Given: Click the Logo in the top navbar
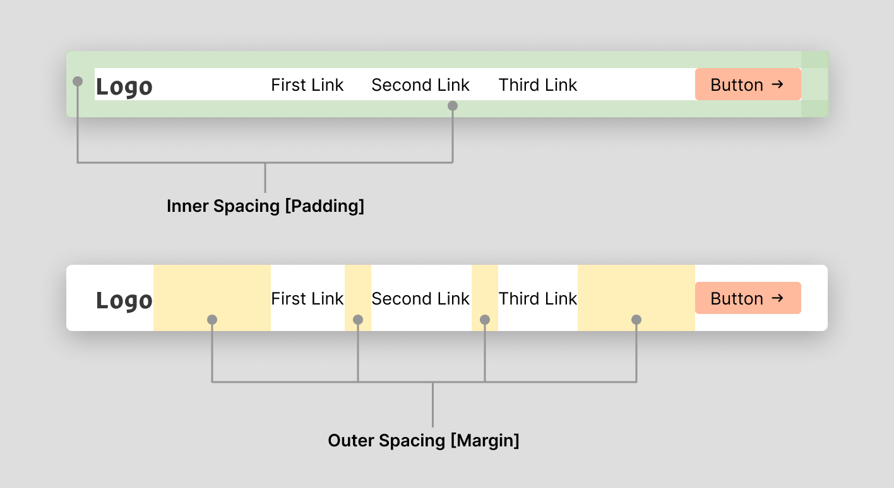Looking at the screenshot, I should tap(124, 86).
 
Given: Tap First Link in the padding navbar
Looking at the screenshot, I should tap(307, 85).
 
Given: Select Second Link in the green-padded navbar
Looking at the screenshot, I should tap(420, 85).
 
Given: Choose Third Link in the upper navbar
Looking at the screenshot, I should tap(538, 85).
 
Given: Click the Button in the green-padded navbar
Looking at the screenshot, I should tap(748, 84).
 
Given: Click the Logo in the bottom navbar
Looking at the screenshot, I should tap(124, 300).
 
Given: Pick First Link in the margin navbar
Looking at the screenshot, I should tap(307, 299).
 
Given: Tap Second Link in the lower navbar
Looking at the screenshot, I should tap(420, 299).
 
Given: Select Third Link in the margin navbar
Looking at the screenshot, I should tap(538, 299).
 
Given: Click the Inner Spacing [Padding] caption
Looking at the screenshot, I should tap(265, 206).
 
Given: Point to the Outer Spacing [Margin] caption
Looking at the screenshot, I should tap(424, 440).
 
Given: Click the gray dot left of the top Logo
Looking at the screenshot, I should tap(78, 81).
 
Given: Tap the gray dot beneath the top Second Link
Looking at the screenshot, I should tap(452, 106).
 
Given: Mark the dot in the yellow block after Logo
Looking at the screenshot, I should tap(212, 320).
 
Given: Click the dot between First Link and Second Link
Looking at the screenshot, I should tap(358, 320).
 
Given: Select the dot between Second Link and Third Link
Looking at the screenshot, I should tap(485, 320).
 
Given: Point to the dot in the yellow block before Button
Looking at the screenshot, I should tap(636, 320).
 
